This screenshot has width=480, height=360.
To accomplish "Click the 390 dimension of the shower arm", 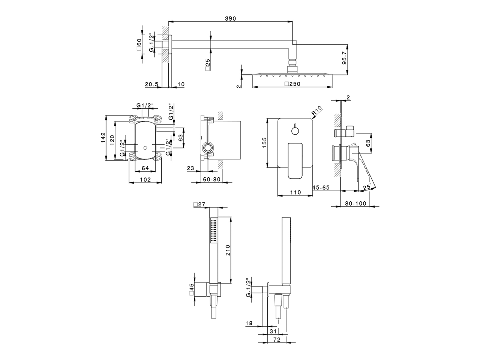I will [230, 19].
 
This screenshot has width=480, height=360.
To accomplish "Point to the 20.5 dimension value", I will [151, 84].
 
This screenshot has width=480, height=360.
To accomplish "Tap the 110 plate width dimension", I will [295, 192].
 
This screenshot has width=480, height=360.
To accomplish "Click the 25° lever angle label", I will [367, 187].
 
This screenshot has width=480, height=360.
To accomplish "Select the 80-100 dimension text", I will [355, 203].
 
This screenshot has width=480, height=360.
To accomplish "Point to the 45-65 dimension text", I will [321, 187].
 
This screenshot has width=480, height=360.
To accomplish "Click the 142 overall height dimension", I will [102, 138].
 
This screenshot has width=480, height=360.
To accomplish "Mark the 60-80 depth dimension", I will [212, 179].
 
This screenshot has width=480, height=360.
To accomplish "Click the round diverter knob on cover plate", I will [295, 130].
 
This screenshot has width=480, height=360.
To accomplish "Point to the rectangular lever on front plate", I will [295, 160].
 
